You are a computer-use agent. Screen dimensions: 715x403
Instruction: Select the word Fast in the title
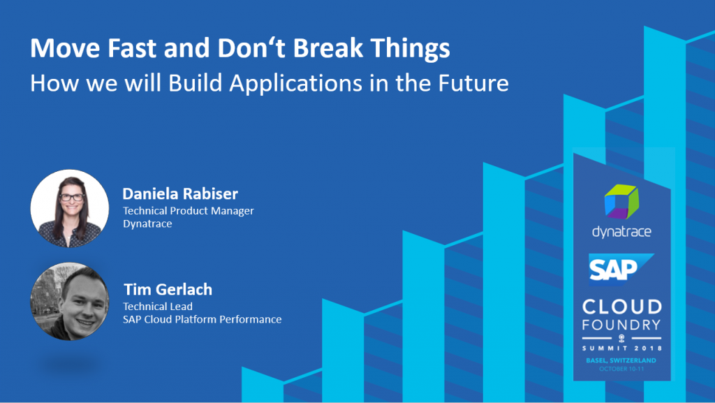132,48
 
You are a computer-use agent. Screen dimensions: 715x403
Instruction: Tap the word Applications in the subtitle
296,83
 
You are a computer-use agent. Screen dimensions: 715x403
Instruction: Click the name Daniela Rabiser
180,193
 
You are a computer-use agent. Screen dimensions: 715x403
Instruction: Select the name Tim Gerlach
168,289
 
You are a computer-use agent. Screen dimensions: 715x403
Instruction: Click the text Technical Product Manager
189,211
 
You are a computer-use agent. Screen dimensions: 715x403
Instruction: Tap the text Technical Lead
158,307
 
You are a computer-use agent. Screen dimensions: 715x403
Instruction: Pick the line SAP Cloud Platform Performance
202,319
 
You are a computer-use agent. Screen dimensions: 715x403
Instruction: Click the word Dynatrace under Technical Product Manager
147,224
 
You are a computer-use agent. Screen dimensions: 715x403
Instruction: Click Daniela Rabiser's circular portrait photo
70,208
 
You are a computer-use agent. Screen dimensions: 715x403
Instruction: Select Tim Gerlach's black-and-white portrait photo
70,301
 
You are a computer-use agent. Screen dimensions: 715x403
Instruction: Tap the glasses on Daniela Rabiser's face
72,197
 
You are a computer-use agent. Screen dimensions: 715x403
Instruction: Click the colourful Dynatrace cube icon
621,201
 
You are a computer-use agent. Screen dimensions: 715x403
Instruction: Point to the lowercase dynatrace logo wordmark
621,232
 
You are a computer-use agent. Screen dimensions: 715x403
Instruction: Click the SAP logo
621,269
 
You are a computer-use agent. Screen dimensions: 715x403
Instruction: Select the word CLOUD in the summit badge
622,307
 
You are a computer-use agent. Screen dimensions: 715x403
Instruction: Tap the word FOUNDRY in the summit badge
621,325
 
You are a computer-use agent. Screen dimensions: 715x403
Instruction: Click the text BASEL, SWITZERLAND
621,360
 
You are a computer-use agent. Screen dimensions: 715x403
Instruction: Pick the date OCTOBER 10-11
621,368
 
